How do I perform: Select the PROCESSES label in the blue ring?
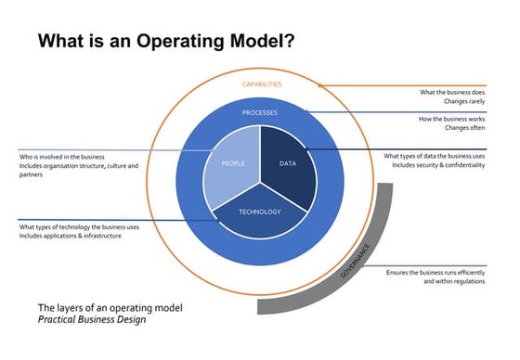click(x=260, y=113)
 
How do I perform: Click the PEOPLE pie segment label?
click(x=232, y=163)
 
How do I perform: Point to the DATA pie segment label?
click(x=288, y=163)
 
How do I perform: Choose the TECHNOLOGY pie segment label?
click(x=260, y=212)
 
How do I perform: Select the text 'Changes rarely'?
click(x=465, y=104)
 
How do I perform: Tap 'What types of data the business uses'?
click(x=434, y=157)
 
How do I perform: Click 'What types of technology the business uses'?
click(x=79, y=226)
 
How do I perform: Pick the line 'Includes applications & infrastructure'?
click(x=70, y=237)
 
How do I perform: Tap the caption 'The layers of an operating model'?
click(x=110, y=307)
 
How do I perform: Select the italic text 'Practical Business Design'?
click(x=91, y=320)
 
